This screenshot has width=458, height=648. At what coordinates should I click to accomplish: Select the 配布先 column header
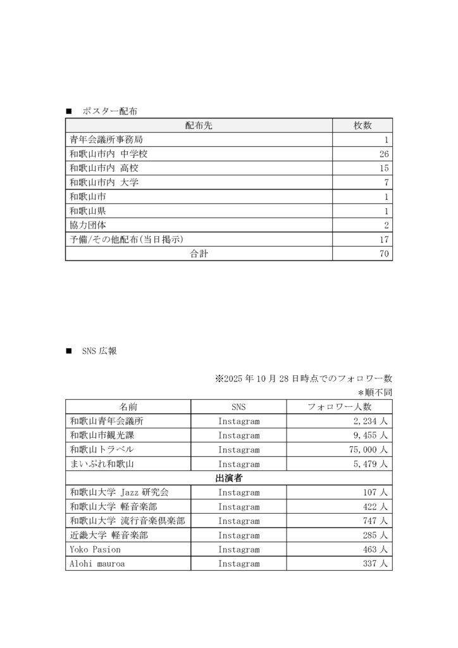point(199,125)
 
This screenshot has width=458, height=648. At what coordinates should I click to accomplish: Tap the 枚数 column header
point(362,125)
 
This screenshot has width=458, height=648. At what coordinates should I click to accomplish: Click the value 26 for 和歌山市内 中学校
point(383,154)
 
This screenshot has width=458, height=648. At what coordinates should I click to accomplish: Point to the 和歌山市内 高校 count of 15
point(383,168)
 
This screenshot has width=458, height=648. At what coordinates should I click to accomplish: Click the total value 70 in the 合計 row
point(383,254)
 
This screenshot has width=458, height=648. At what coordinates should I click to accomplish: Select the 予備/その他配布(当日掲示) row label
point(130,239)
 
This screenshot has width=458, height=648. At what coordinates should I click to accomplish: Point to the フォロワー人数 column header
point(339,407)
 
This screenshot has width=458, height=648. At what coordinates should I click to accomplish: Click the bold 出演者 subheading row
point(228,478)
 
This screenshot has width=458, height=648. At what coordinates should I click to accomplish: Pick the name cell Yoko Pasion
point(95,549)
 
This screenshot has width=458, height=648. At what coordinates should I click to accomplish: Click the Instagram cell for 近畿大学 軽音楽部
point(238,535)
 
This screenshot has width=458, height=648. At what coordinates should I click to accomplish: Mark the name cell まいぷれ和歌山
point(101,464)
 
